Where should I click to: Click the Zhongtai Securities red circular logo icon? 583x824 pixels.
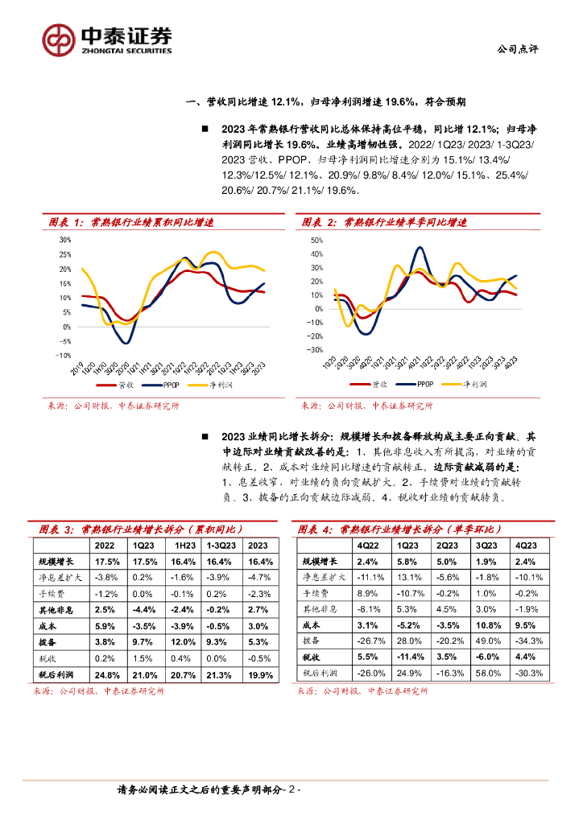click(x=58, y=39)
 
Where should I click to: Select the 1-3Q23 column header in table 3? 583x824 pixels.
click(x=220, y=545)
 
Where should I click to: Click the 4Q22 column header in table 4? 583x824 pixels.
click(x=367, y=545)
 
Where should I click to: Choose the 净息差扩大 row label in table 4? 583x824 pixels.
click(x=323, y=577)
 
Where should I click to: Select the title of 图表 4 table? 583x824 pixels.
click(x=399, y=529)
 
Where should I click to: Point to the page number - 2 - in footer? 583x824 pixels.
click(x=291, y=791)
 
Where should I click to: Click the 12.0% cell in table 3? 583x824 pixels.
click(x=182, y=642)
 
